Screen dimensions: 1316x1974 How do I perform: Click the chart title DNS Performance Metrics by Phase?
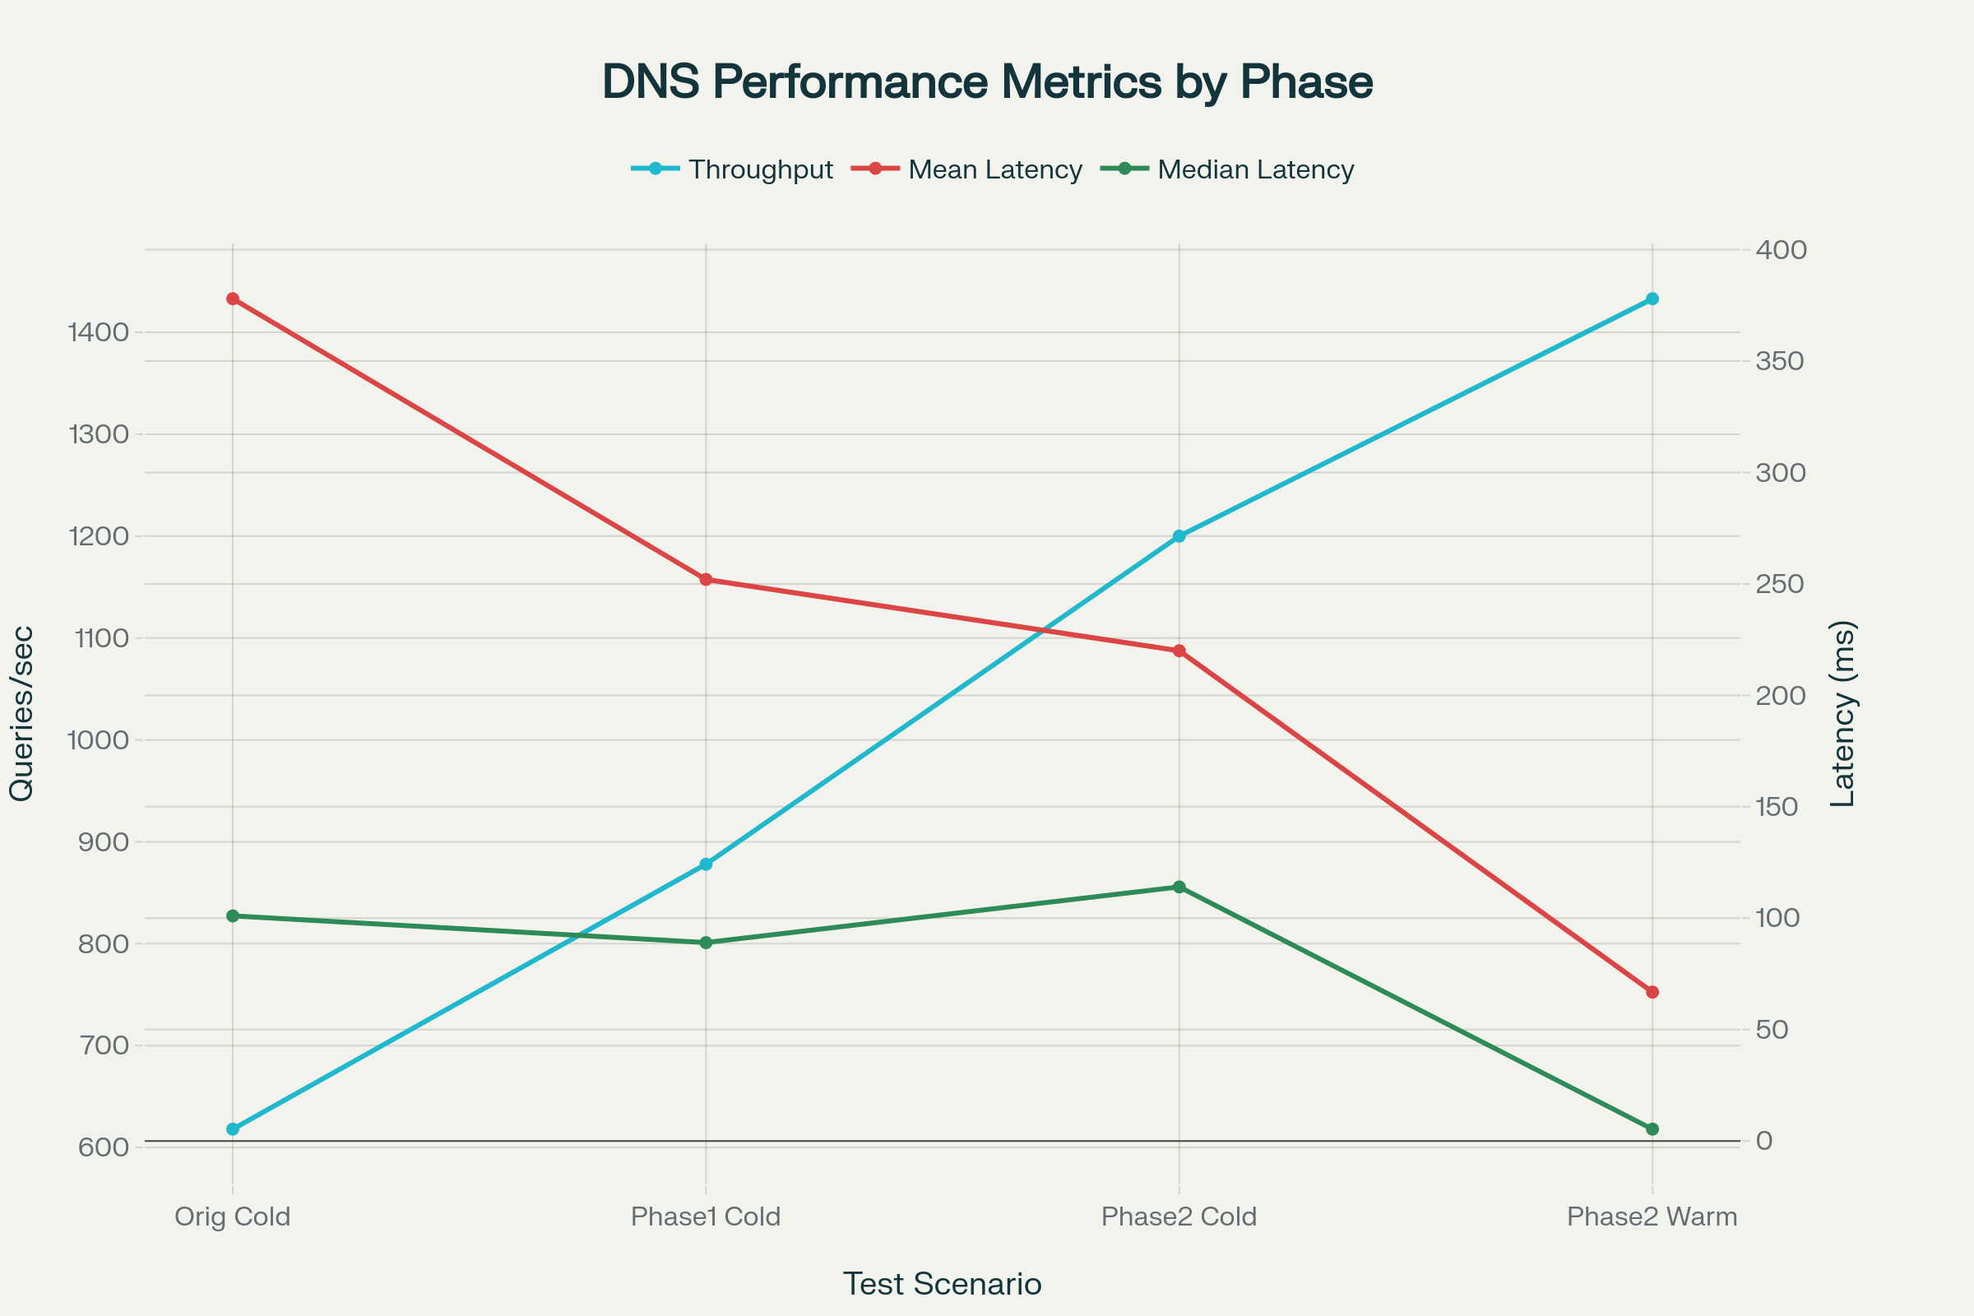[x=987, y=82]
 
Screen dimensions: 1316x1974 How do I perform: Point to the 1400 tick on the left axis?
[x=99, y=332]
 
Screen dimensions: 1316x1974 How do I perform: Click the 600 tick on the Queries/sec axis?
[x=104, y=1147]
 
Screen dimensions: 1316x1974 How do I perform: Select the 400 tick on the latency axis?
[x=1781, y=249]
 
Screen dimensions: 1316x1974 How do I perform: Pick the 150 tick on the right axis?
[x=1781, y=807]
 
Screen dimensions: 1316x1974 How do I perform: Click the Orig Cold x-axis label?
[x=233, y=1216]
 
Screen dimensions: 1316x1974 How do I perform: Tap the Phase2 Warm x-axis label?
[x=1652, y=1216]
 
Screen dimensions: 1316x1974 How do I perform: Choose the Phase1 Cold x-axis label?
[x=706, y=1216]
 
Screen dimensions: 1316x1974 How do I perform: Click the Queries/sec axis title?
[x=22, y=713]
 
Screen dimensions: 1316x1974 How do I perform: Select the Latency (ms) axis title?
[x=1843, y=713]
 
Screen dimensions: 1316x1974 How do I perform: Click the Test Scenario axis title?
[x=942, y=1283]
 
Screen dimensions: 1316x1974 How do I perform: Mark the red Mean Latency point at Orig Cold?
[x=233, y=299]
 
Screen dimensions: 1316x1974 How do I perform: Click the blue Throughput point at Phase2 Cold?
[x=1179, y=536]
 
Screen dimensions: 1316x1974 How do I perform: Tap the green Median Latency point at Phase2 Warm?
[x=1652, y=1128]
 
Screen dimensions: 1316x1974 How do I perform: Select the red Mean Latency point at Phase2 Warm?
[x=1652, y=992]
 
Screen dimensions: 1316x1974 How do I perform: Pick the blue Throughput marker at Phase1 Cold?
[x=706, y=864]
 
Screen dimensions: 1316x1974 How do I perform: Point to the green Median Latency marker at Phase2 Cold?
[x=1179, y=887]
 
